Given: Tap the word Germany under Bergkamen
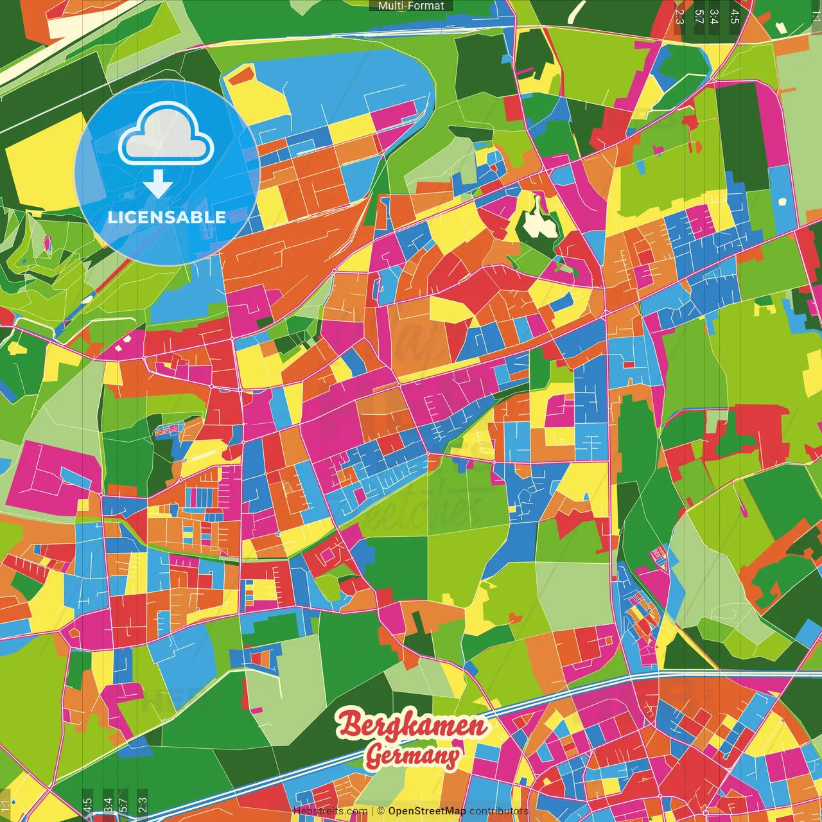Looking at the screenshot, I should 414,756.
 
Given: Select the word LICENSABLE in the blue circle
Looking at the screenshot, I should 167,217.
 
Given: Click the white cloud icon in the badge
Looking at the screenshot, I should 166,137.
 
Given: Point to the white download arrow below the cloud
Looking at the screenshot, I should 158,185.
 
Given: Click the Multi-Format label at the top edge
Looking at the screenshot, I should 411,6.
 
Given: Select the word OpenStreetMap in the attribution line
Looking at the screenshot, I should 427,811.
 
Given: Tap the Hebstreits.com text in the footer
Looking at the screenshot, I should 330,811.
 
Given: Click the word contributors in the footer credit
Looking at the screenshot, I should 499,811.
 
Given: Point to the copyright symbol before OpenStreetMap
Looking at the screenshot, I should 381,811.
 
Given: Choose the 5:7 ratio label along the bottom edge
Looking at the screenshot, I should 123,805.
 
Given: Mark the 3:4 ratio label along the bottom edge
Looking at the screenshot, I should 107,805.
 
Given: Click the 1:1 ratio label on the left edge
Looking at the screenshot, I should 6,805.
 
